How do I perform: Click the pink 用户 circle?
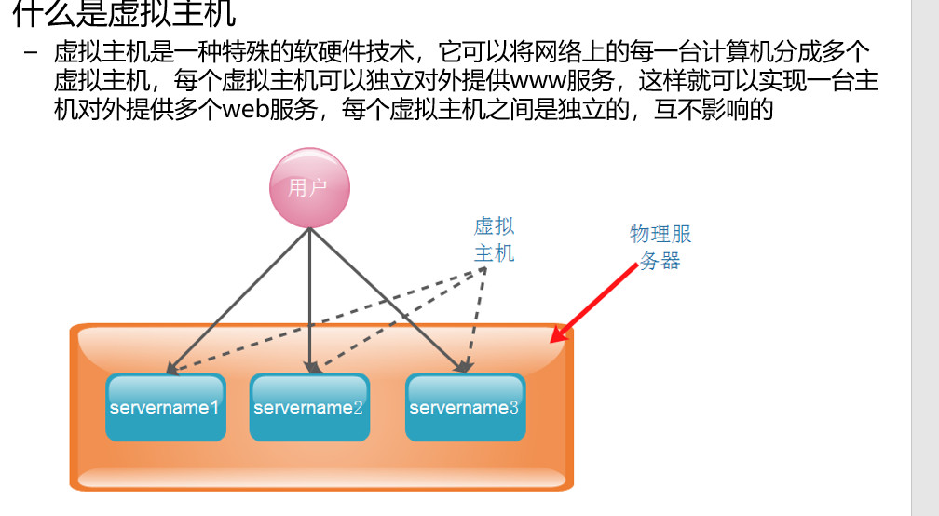[x=309, y=188]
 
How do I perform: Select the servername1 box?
[x=166, y=408]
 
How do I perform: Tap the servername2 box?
[x=309, y=408]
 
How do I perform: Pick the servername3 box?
[x=465, y=408]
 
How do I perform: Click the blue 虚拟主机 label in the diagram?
[x=494, y=239]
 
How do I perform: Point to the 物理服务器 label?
[x=660, y=247]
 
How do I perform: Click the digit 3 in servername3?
[x=513, y=408]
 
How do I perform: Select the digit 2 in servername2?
[x=358, y=408]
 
